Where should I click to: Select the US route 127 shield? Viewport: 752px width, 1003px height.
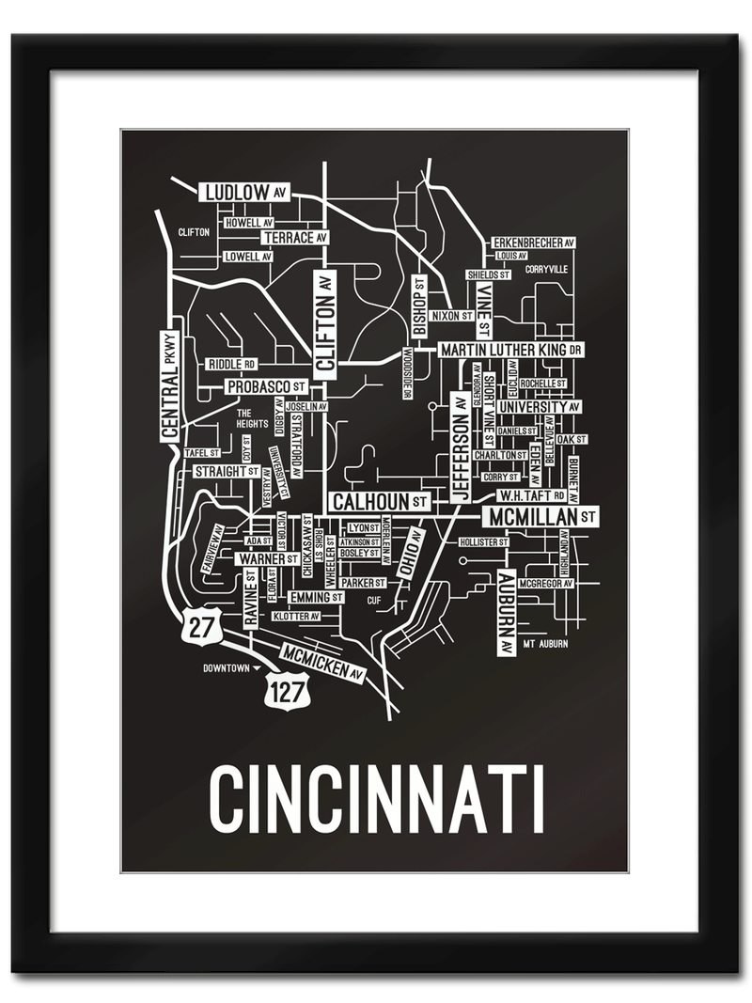pos(283,687)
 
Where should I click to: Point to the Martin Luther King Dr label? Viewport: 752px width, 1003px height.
pos(511,350)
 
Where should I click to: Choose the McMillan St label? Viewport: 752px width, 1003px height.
pos(540,516)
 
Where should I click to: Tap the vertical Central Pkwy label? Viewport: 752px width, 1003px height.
pos(169,386)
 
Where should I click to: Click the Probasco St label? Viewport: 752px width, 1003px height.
pos(266,386)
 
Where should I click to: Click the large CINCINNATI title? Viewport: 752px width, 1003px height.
pos(376,800)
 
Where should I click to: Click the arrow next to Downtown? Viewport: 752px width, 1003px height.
pos(257,668)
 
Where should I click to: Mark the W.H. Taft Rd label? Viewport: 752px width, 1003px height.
pos(531,494)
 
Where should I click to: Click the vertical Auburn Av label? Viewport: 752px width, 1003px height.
pos(506,612)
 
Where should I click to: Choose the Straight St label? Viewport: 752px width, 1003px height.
pos(227,471)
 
